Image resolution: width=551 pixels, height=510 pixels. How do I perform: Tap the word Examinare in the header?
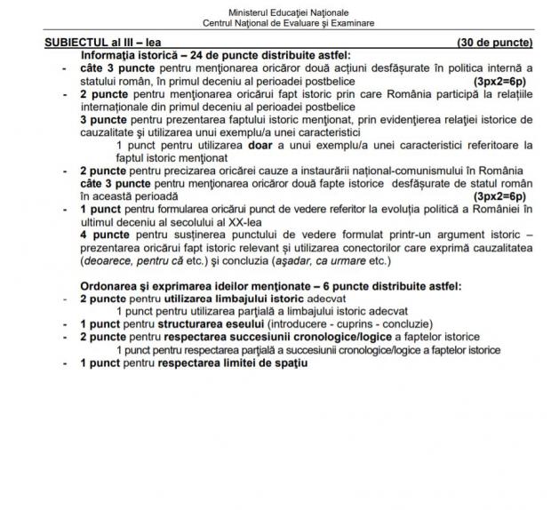(349, 20)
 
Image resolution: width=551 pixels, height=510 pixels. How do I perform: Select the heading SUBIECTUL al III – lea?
(93, 42)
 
